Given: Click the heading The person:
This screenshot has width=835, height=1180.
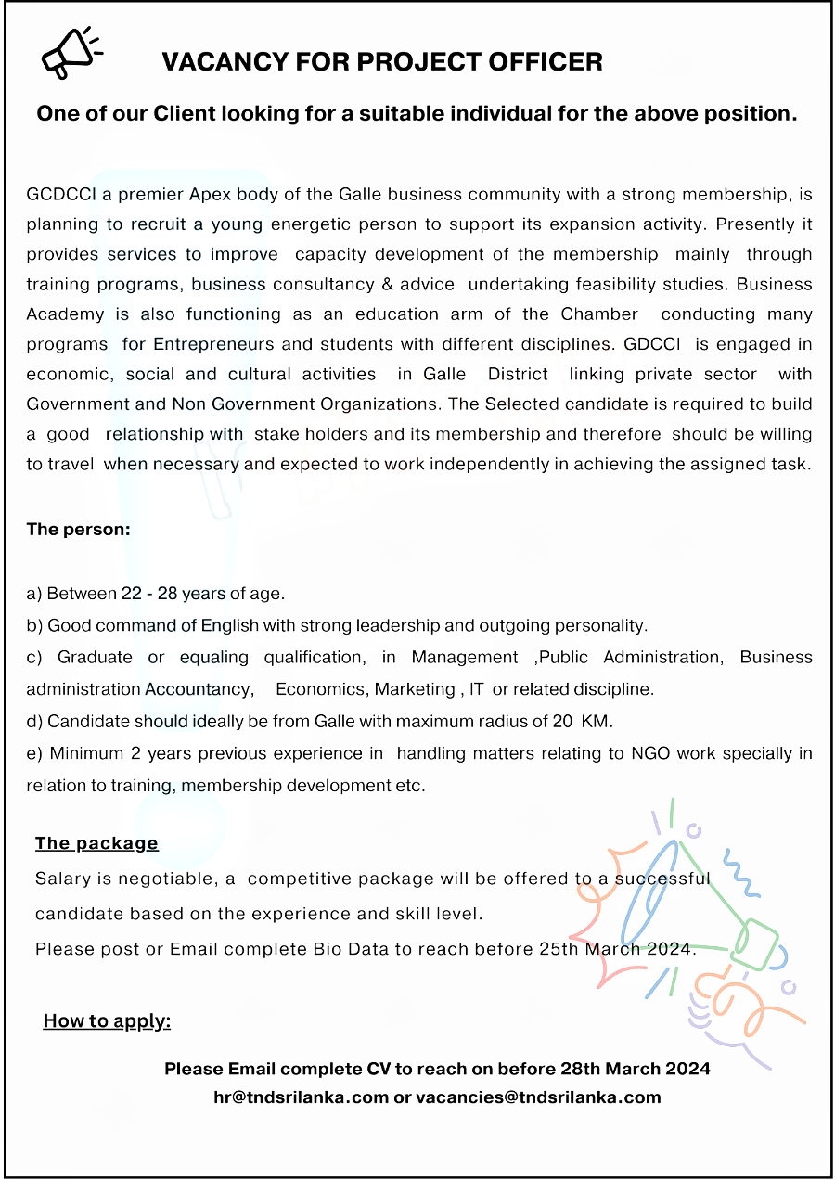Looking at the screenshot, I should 79,530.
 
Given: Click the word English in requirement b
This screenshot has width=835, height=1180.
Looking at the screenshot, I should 226,625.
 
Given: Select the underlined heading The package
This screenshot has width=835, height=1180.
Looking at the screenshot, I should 96,843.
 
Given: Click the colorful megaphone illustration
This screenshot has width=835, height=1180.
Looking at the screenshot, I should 687,937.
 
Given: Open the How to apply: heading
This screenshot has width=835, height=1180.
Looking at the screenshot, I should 107,1021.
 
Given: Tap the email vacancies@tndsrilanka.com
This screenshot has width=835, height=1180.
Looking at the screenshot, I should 538,1097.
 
